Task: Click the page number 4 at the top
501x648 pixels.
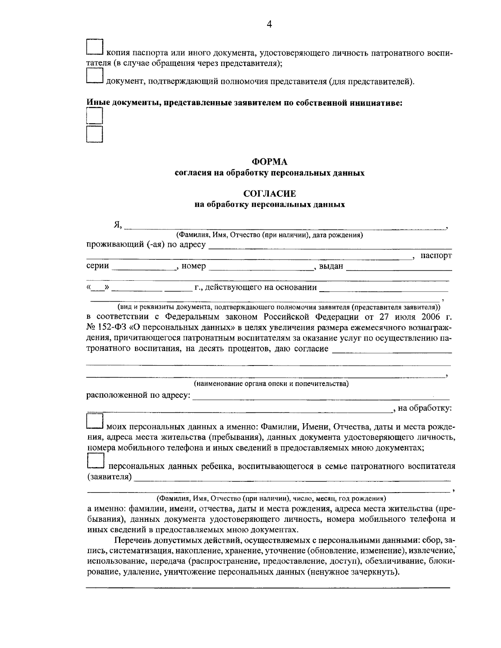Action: click(x=269, y=24)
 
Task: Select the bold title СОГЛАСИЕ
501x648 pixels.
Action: click(x=269, y=194)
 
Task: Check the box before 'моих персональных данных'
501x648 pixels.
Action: click(x=94, y=422)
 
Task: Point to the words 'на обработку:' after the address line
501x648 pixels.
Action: click(x=425, y=408)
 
